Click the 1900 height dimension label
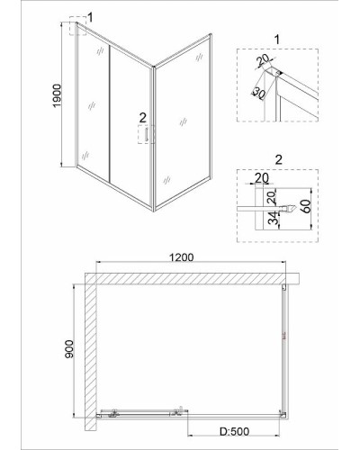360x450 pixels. tap(57, 95)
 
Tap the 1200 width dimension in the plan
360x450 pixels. tap(182, 257)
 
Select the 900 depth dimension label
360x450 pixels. tap(68, 349)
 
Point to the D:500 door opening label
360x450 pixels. tap(234, 431)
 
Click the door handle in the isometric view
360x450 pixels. tap(147, 134)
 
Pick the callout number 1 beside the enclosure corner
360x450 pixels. tap(90, 17)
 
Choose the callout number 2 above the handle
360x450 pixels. tap(142, 117)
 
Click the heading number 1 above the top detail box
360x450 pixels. tap(277, 40)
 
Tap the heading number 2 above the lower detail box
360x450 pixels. tap(278, 160)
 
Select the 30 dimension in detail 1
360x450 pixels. tap(258, 94)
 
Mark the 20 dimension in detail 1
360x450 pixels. tap(264, 61)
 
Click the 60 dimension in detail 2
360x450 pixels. tap(306, 206)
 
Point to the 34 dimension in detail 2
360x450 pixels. tap(273, 218)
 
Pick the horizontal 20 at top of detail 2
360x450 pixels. tap(262, 178)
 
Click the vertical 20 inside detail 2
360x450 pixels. tap(271, 197)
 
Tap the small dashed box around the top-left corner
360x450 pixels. tap(77, 26)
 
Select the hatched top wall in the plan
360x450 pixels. tap(192, 278)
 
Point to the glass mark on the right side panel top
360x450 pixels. tap(199, 57)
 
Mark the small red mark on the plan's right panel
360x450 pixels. tap(284, 336)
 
